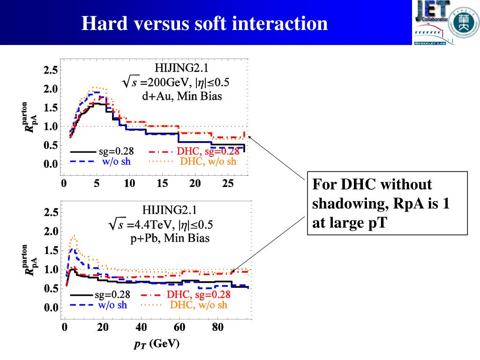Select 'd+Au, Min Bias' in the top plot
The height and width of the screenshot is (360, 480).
[x=182, y=97]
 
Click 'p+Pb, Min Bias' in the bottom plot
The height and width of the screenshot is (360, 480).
[x=170, y=238]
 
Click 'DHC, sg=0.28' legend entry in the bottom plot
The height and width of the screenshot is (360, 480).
[x=198, y=294]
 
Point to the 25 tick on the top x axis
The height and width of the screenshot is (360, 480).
[x=228, y=183]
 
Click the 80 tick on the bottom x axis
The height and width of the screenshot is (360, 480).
[x=217, y=327]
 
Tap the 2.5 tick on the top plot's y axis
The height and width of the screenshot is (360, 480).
[x=51, y=70]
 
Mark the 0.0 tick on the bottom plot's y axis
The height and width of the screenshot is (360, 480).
[x=51, y=308]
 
